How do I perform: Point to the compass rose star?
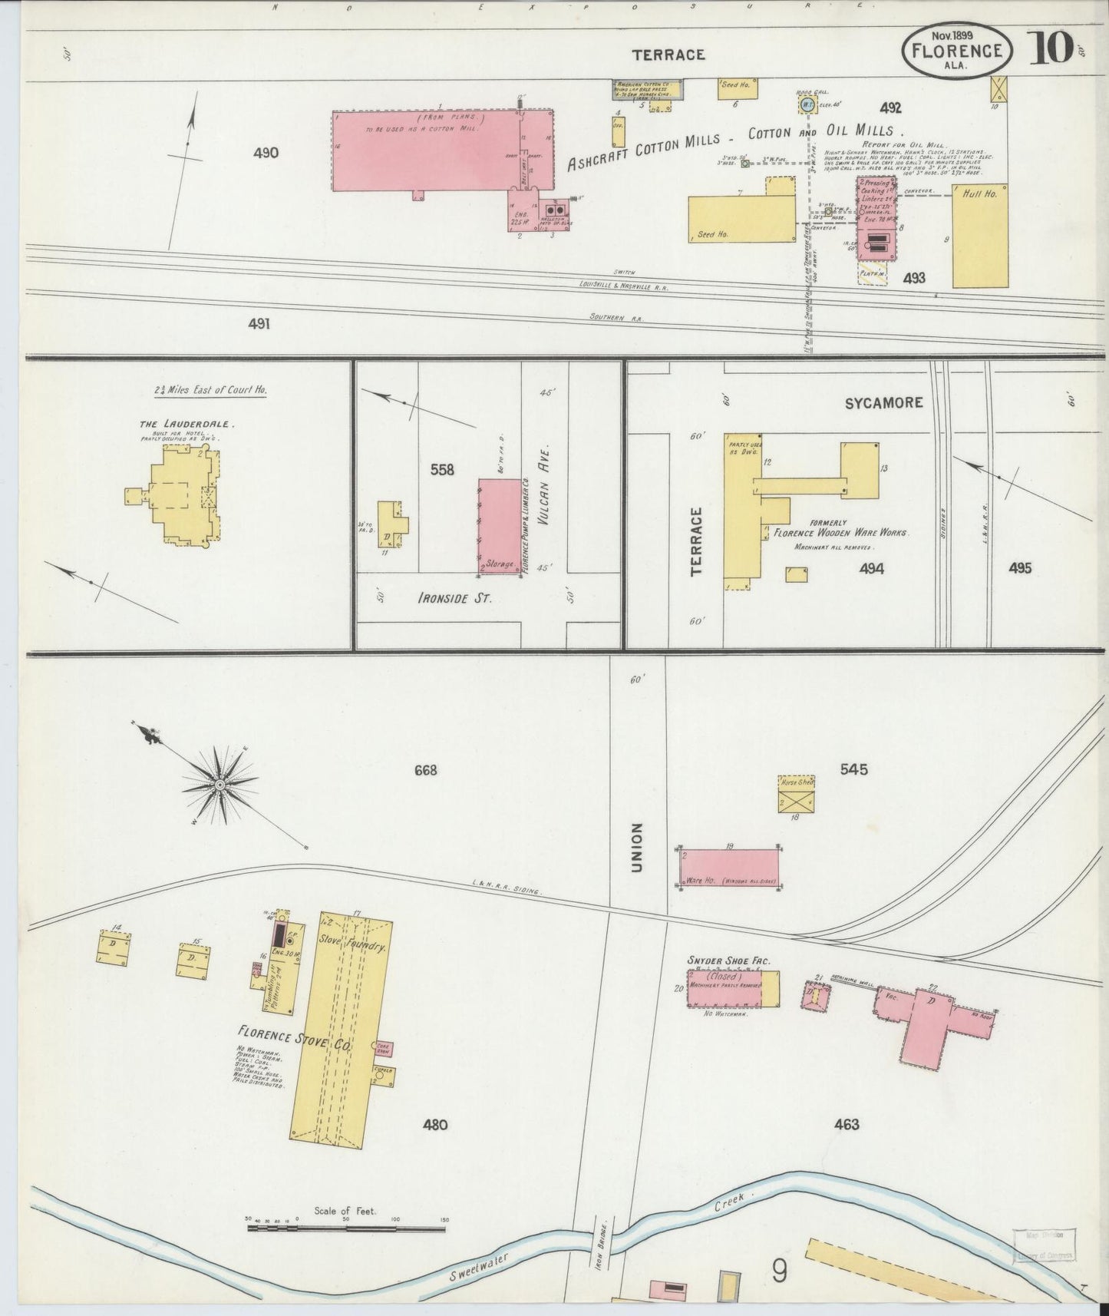(x=220, y=785)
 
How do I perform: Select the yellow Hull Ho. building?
(x=980, y=235)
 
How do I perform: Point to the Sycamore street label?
(x=883, y=402)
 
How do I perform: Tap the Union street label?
(x=636, y=848)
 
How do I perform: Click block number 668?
(x=425, y=769)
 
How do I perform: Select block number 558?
(x=442, y=469)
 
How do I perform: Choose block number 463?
(x=847, y=1124)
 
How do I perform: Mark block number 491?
(x=259, y=324)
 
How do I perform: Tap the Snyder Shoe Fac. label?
(x=728, y=961)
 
